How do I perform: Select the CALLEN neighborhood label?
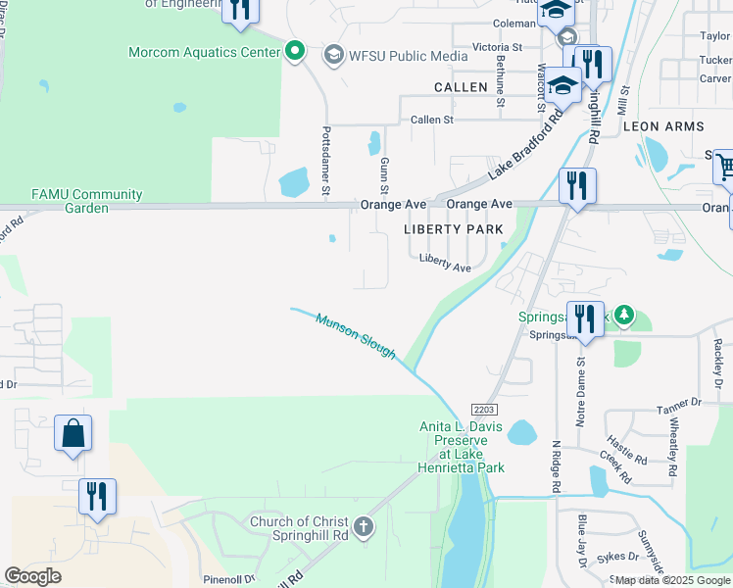click(461, 87)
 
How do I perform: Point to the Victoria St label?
click(497, 47)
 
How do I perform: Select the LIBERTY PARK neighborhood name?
click(453, 229)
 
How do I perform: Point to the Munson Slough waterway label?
click(355, 335)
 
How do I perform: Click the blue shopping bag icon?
click(73, 432)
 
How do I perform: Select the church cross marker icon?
click(363, 528)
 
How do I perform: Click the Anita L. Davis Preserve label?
click(462, 447)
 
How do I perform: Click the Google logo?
click(32, 575)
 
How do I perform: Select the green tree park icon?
click(619, 317)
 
